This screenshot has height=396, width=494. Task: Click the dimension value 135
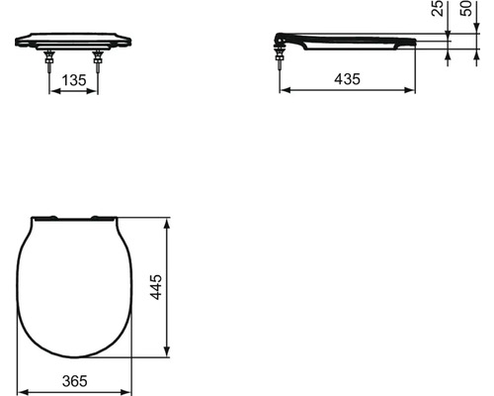click(x=74, y=80)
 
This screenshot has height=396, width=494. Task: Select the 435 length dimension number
click(x=348, y=79)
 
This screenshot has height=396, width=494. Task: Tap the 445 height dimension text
click(x=156, y=287)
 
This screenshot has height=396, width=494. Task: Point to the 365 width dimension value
click(x=75, y=381)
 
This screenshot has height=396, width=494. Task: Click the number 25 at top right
click(x=438, y=8)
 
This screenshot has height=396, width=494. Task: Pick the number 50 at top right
click(x=466, y=8)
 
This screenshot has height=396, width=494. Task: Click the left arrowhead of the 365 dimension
click(x=22, y=392)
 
